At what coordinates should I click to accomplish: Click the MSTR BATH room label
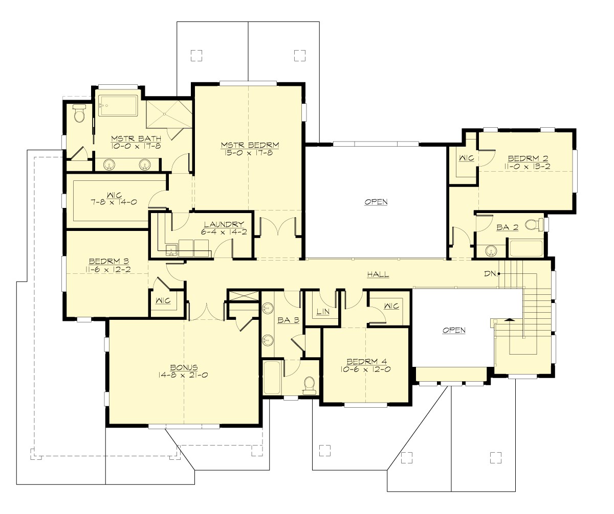(x=136, y=138)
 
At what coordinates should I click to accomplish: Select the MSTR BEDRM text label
(x=250, y=144)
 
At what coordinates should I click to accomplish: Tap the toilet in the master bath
(x=79, y=114)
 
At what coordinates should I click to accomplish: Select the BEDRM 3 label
(x=108, y=260)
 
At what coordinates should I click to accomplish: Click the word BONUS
(x=184, y=367)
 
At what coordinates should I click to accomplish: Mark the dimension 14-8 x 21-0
(x=184, y=375)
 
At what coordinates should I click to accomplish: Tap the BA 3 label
(x=284, y=321)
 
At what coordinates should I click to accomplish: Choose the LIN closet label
(x=322, y=311)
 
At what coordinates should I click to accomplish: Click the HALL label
(x=378, y=275)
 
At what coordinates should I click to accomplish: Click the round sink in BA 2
(x=491, y=251)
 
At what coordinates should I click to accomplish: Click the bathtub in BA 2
(x=525, y=248)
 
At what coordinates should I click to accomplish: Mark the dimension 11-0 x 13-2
(x=527, y=166)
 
